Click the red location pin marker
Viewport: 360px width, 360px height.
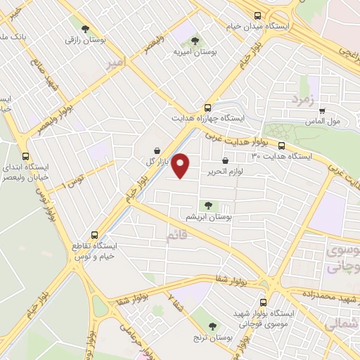click(181, 165)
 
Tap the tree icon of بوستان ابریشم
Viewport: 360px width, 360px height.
click(207, 205)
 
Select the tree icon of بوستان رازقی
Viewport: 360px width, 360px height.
click(85, 30)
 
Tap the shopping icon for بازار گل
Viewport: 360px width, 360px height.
click(155, 150)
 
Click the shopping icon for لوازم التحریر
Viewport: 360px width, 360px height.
click(225, 161)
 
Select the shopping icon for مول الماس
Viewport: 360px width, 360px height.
click(322, 110)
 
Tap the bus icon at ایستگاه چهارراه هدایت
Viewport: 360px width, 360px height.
click(207, 108)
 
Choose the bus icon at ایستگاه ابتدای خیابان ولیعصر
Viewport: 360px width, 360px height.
click(26, 157)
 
